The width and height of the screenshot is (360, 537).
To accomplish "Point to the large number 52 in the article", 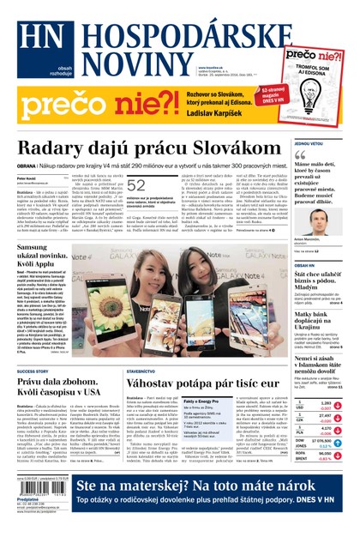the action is click(x=136, y=184).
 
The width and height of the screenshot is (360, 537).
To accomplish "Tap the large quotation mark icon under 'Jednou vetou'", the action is click(x=300, y=155).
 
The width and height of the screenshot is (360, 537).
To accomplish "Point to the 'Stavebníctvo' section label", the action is click(x=141, y=371).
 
